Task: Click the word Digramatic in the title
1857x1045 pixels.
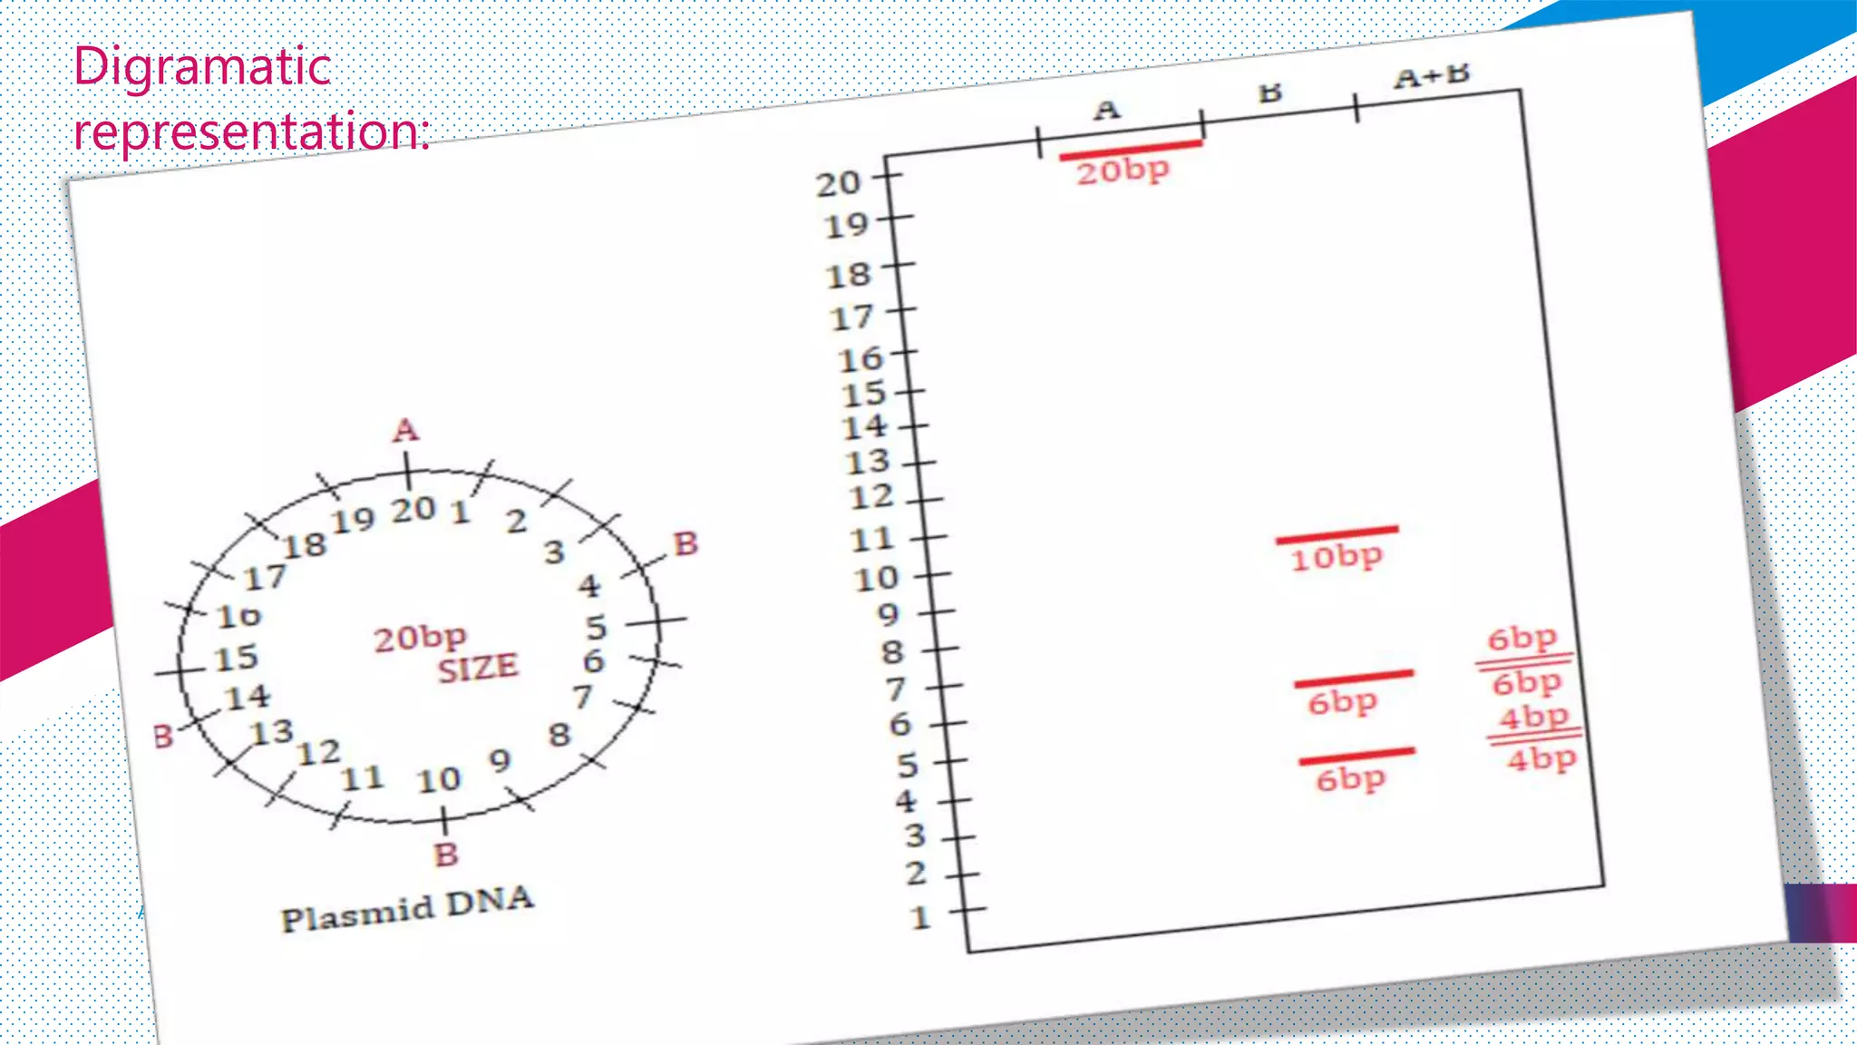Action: click(x=202, y=67)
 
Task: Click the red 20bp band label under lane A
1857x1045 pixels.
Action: click(x=1123, y=171)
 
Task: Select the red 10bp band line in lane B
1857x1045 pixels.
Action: click(x=1337, y=535)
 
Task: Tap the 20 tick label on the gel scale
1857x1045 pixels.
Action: click(x=838, y=183)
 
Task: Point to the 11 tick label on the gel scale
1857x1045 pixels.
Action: click(x=872, y=540)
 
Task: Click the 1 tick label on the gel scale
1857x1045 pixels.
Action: click(x=920, y=917)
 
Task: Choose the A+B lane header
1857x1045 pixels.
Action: click(x=1431, y=76)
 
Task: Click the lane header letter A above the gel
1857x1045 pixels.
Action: click(x=1106, y=111)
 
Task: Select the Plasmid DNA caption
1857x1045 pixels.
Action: click(x=407, y=908)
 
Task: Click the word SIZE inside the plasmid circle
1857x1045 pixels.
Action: click(x=478, y=669)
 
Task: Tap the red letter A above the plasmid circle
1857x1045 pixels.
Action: click(x=405, y=430)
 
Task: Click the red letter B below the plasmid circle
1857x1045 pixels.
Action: click(x=446, y=855)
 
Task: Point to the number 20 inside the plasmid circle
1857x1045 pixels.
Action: click(x=413, y=510)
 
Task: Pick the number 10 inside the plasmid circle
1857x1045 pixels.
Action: click(x=439, y=779)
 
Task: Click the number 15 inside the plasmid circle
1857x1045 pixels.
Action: click(x=236, y=658)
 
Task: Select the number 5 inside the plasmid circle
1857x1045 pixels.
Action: click(x=596, y=627)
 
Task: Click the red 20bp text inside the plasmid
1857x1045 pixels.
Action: click(x=420, y=638)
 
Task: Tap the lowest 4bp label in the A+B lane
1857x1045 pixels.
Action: click(x=1541, y=758)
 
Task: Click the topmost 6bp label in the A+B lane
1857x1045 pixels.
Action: click(x=1522, y=638)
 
